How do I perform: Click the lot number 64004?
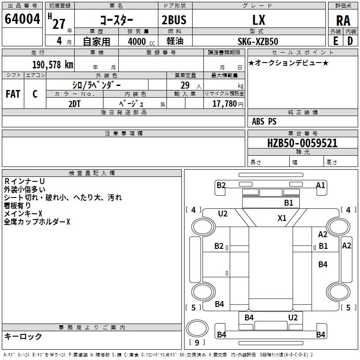(22, 19)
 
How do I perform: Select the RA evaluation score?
(343, 21)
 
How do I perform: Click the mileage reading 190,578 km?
(53, 64)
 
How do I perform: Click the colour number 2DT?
(75, 104)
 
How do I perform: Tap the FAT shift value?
(13, 94)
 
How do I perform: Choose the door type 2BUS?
(174, 20)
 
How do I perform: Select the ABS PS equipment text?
(264, 121)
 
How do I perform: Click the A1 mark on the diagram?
(320, 185)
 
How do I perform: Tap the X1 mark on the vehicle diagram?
(282, 218)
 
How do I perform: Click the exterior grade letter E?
(335, 41)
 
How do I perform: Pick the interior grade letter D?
(350, 41)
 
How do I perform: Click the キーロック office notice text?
(23, 336)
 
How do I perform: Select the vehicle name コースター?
(116, 20)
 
